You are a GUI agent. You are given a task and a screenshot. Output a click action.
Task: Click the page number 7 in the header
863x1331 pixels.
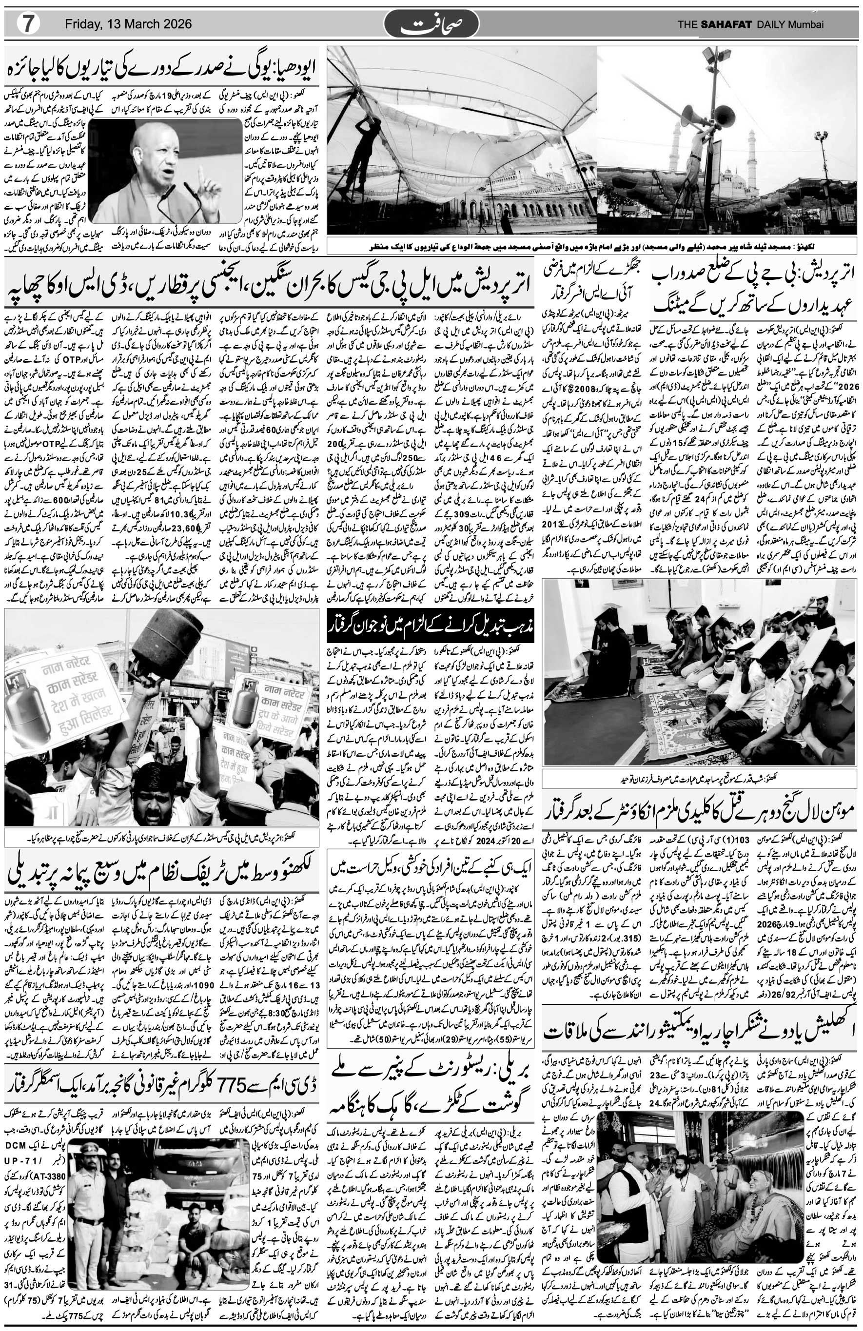click(26, 24)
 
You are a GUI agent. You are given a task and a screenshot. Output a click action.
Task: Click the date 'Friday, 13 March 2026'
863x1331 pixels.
click(128, 24)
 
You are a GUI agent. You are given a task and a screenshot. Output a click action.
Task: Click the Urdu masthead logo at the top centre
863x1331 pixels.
click(431, 24)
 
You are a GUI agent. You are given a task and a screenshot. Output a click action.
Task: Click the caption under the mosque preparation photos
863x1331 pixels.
click(593, 247)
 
